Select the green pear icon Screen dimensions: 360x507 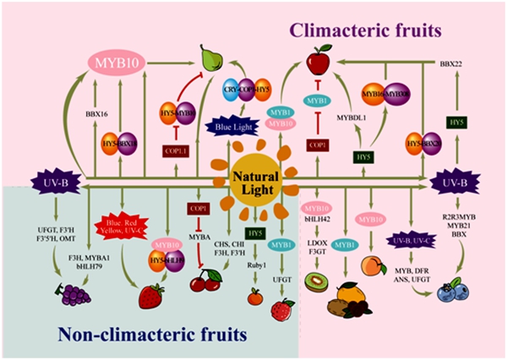click(213, 58)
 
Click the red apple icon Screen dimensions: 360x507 click(318, 62)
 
